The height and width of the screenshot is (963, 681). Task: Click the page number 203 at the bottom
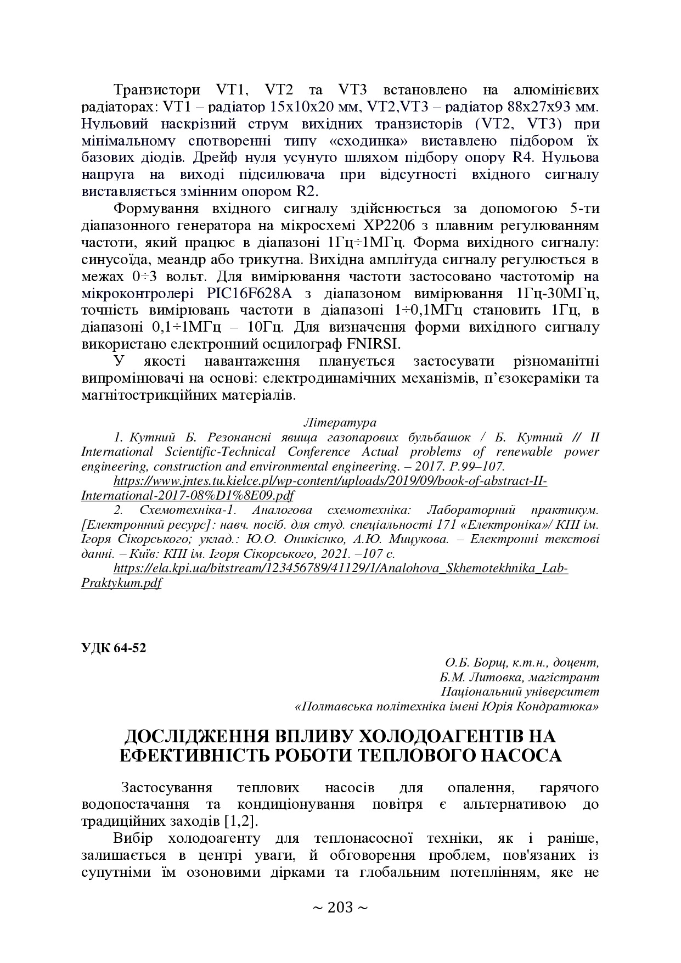(x=340, y=908)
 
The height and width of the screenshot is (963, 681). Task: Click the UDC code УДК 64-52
(x=114, y=648)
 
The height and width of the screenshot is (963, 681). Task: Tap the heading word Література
(x=340, y=423)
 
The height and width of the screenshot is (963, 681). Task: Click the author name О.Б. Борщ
(x=472, y=662)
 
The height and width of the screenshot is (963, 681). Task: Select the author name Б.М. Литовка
(x=475, y=677)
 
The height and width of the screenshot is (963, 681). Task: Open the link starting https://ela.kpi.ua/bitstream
(x=340, y=568)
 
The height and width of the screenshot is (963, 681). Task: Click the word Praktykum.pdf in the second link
(x=121, y=583)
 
